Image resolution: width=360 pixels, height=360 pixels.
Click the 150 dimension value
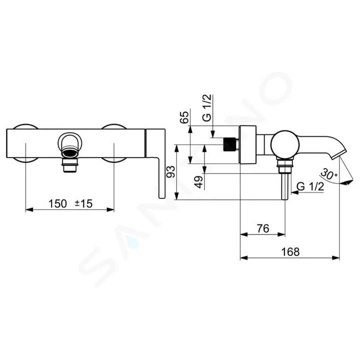click(x=58, y=203)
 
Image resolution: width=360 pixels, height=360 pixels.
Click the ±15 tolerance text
click(x=83, y=203)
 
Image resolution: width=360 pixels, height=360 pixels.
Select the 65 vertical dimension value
click(x=184, y=118)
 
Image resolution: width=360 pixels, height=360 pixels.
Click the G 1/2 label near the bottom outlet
click(x=310, y=186)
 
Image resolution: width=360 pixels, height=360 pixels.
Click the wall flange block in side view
click(x=248, y=145)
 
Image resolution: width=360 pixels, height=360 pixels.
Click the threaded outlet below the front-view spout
click(x=70, y=164)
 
